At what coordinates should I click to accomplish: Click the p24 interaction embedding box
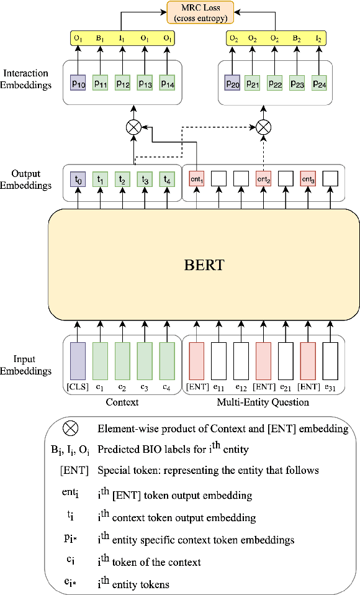tap(319, 83)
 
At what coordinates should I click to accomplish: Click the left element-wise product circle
tap(133, 128)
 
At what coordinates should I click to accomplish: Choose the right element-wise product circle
tap(264, 128)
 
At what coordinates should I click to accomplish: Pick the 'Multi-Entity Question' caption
tap(264, 402)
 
